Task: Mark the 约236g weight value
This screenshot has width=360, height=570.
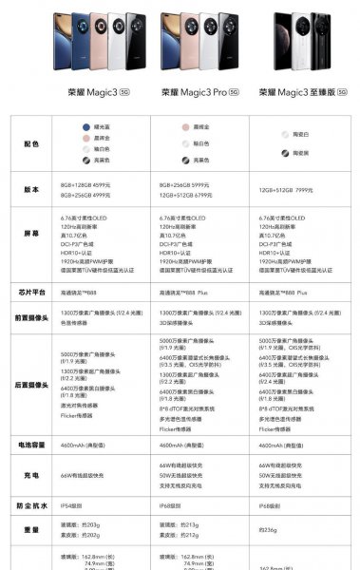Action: pyautogui.click(x=269, y=529)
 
